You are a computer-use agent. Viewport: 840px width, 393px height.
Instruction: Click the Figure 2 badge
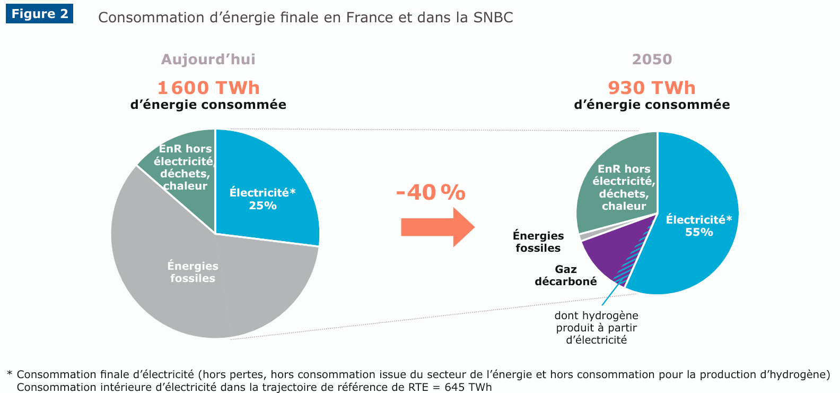40,14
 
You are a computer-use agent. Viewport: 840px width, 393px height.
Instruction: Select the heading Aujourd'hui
208,59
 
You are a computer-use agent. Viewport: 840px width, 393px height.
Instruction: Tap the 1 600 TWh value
208,88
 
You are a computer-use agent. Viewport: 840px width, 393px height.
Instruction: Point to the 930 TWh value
652,88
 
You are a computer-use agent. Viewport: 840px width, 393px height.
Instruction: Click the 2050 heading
652,59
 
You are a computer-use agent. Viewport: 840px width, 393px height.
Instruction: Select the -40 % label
431,192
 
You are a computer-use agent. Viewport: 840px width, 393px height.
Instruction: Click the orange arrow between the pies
437,227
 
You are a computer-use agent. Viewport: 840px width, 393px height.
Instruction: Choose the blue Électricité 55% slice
695,250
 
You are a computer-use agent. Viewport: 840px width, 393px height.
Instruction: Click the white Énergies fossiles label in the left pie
193,272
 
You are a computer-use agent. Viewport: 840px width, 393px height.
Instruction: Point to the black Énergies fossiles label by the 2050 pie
538,242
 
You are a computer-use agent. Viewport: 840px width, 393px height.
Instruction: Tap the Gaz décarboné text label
566,276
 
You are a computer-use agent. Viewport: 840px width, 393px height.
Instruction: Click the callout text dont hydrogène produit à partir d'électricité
597,328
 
